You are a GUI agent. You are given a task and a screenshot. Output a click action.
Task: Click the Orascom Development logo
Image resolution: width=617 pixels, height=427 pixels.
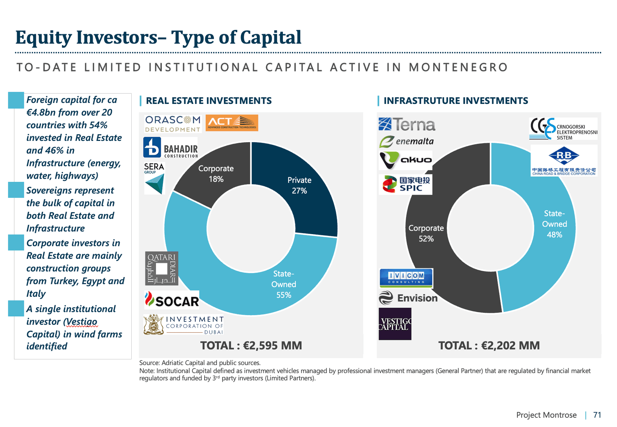(173, 123)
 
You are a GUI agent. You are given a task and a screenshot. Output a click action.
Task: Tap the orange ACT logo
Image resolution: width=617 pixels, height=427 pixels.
(232, 123)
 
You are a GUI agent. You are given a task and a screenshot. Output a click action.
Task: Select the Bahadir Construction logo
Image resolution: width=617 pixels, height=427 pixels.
(170, 148)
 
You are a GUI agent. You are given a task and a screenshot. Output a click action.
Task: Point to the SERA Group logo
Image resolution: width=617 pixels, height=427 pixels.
(154, 178)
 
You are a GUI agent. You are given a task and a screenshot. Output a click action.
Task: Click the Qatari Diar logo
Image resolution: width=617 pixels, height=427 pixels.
(162, 268)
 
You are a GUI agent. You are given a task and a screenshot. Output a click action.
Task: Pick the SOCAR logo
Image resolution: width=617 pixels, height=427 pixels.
(172, 300)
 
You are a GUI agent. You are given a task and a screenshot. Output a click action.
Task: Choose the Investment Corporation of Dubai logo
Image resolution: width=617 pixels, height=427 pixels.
(184, 325)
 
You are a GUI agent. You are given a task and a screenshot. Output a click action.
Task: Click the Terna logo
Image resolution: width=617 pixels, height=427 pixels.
(407, 125)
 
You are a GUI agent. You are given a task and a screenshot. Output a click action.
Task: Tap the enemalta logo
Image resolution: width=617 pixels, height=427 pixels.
(406, 142)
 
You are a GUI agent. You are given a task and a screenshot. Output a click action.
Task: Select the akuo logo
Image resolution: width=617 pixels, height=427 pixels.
(406, 160)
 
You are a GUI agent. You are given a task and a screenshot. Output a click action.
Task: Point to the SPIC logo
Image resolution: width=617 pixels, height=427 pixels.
(406, 184)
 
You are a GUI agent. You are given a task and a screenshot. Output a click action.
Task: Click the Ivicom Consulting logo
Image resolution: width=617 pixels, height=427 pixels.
(406, 278)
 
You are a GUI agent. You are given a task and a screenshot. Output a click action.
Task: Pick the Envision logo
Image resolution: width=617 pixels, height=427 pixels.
(408, 298)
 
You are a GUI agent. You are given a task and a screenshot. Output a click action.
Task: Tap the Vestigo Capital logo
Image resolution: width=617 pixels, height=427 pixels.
(395, 324)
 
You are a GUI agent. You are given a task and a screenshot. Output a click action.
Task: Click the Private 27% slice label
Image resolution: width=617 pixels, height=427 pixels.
(299, 185)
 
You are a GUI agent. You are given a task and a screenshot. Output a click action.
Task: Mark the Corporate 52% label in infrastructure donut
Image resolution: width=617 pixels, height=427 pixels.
(426, 233)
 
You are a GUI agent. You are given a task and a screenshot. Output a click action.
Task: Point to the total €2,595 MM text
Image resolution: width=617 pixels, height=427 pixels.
(251, 346)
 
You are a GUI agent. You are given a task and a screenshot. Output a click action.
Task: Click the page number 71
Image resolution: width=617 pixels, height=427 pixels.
(597, 415)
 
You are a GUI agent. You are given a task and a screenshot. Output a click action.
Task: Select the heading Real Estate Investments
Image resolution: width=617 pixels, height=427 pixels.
(209, 101)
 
